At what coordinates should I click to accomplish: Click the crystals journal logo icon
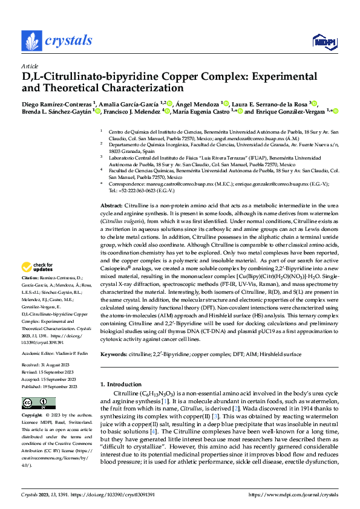point(30,41)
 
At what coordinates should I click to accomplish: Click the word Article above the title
point(29,66)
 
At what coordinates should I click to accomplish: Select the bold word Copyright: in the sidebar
point(32,417)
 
